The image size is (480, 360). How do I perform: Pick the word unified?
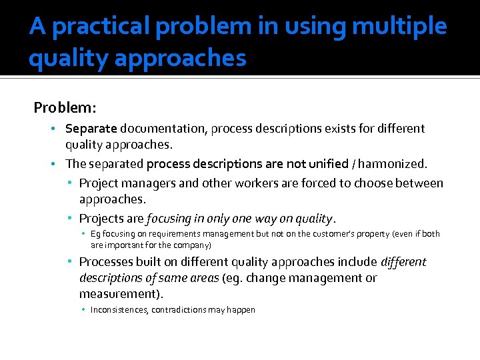coord(325,163)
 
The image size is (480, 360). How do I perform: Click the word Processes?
coord(108,262)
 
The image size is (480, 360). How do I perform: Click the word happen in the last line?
coord(241,310)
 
